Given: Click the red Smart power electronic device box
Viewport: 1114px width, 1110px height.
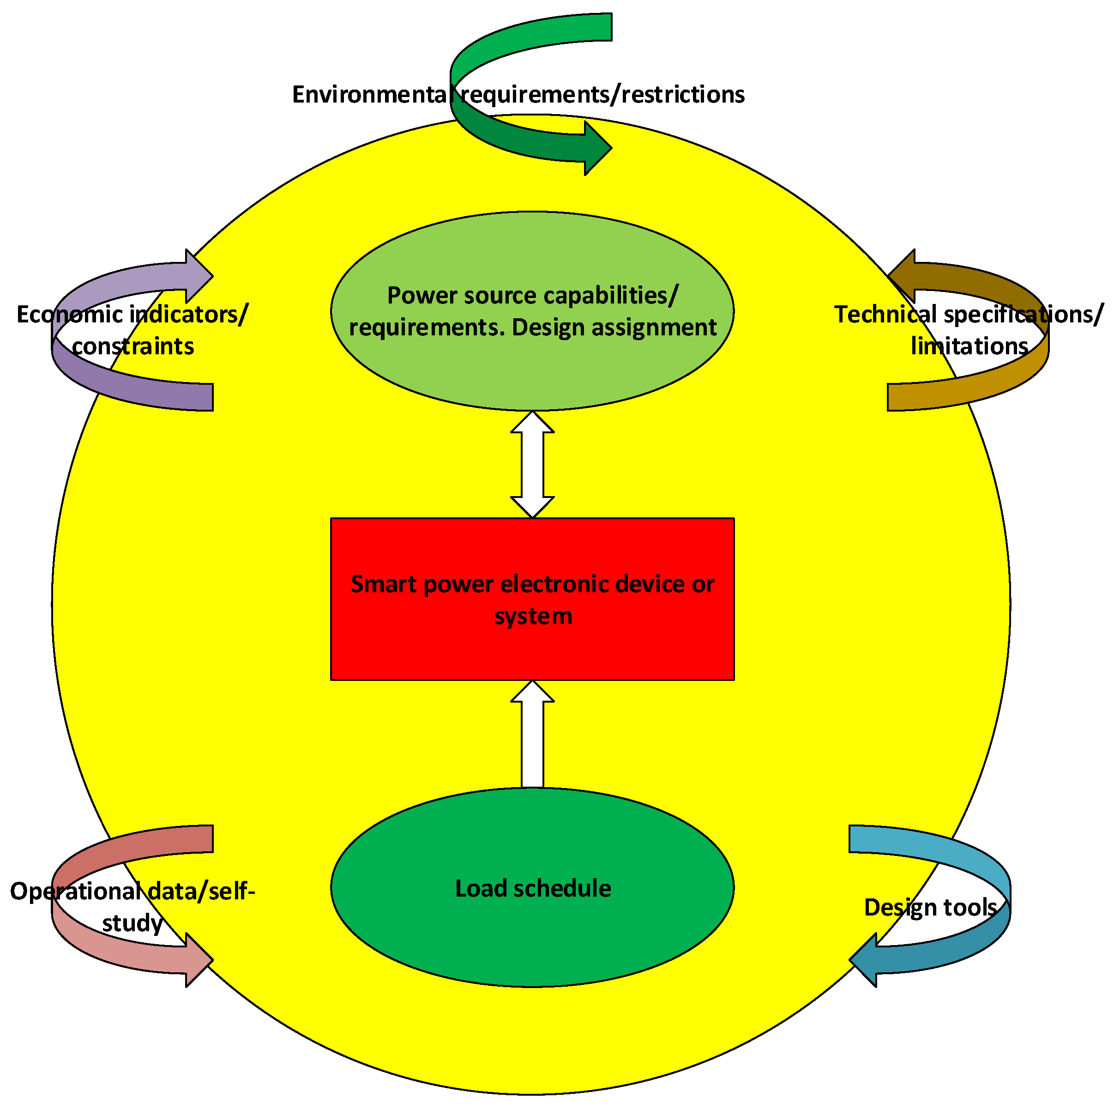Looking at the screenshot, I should click(532, 652).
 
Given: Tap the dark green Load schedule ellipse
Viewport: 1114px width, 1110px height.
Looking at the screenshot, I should click(532, 934).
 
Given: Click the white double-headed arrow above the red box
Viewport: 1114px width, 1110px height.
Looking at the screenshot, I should click(532, 464).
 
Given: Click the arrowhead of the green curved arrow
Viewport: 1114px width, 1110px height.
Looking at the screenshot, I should click(597, 148).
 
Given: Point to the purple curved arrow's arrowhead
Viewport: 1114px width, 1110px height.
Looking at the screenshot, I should click(199, 276).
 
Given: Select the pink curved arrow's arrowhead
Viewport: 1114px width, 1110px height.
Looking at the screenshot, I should click(199, 960).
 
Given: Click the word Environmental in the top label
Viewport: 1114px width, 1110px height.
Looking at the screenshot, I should click(369, 95).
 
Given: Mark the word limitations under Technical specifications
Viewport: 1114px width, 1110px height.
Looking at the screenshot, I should click(969, 346).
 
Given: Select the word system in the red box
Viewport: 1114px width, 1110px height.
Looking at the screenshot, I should click(533, 616).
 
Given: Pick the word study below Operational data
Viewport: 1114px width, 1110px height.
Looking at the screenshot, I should click(132, 923).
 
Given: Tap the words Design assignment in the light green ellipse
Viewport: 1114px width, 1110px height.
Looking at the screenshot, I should click(614, 328).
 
